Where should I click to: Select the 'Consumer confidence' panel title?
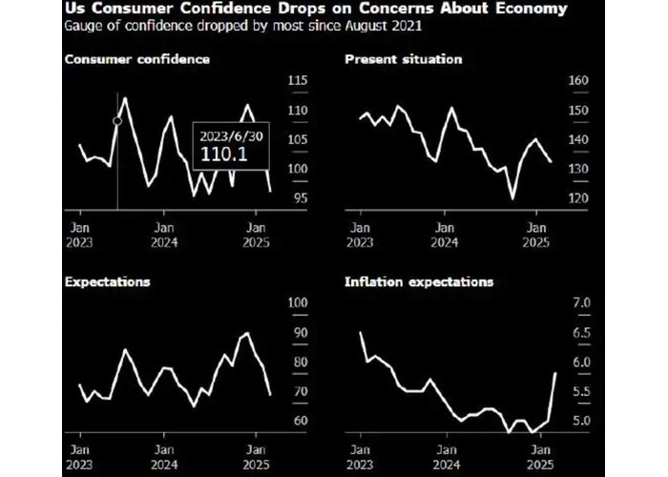[x=137, y=59]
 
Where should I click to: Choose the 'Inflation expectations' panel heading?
[x=418, y=282]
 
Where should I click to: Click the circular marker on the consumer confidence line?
[x=117, y=121]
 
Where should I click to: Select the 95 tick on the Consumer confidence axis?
[x=297, y=198]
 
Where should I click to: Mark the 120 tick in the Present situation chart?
[x=579, y=198]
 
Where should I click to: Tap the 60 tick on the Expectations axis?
[x=297, y=421]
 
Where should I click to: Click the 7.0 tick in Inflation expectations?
[x=580, y=303]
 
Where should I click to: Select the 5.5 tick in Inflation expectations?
[x=580, y=392]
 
